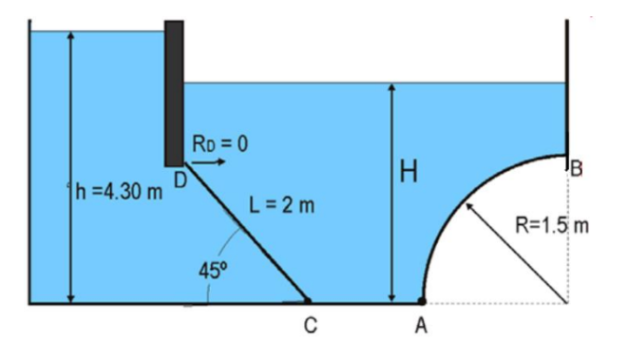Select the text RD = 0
(x=219, y=144)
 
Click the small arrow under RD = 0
(x=208, y=162)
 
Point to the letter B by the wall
(x=576, y=169)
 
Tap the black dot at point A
(x=422, y=302)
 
